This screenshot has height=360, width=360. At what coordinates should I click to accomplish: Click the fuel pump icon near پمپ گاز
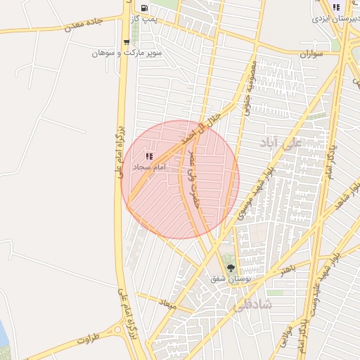(144, 9)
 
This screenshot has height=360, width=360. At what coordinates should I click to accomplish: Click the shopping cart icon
(127, 42)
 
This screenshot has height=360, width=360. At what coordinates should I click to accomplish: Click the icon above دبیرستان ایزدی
(336, 7)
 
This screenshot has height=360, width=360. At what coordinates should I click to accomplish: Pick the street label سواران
(310, 53)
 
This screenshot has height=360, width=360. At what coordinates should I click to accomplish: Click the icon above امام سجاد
(148, 156)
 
